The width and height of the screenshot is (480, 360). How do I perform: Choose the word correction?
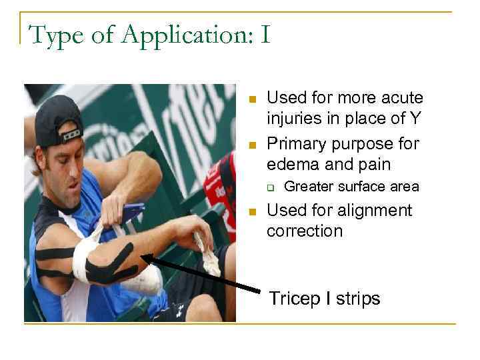coord(305,231)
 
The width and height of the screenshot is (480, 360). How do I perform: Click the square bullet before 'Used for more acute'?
coord(252,99)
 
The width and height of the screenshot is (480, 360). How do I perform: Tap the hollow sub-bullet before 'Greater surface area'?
coord(271,187)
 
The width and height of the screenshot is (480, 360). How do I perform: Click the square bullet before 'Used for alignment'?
coord(252,212)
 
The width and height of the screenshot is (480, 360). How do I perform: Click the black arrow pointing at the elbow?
coord(200,273)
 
